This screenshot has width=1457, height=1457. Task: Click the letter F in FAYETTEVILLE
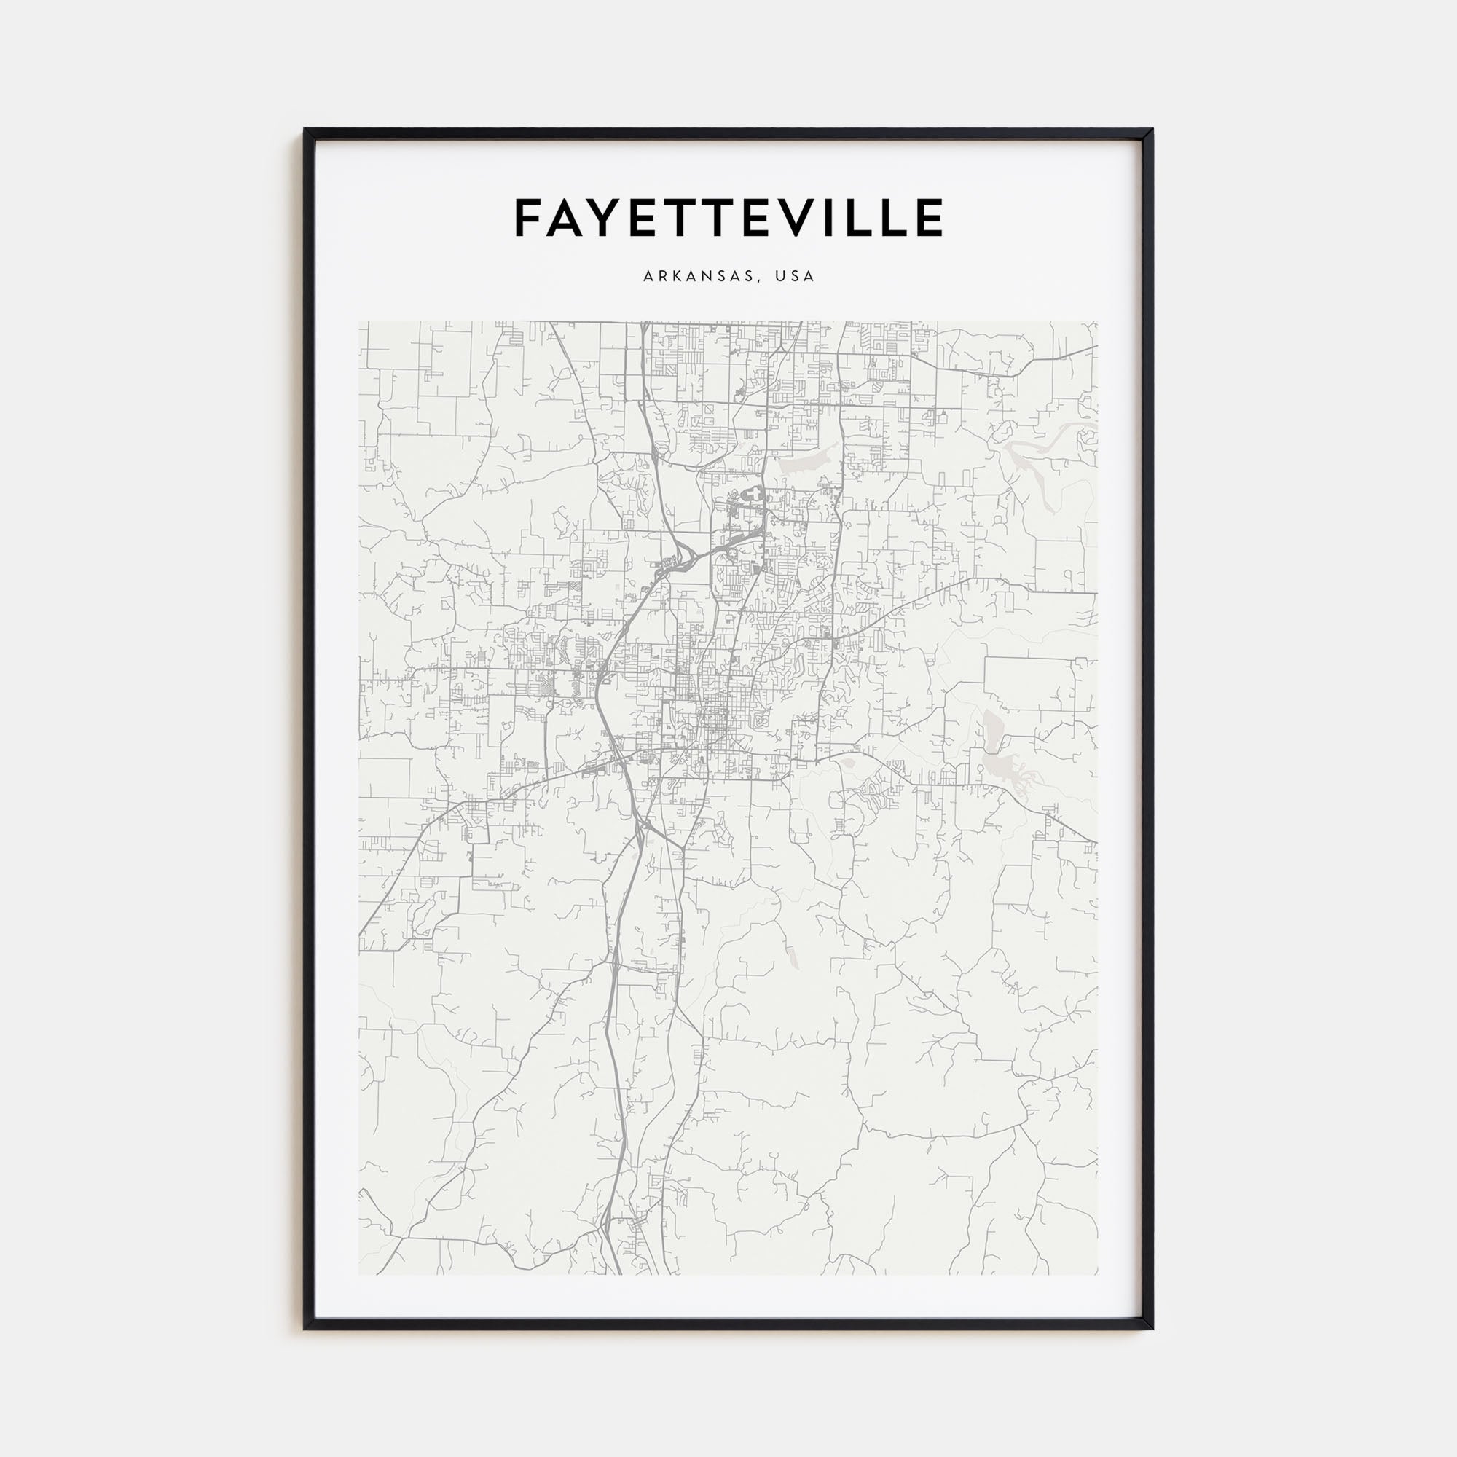(x=529, y=218)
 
